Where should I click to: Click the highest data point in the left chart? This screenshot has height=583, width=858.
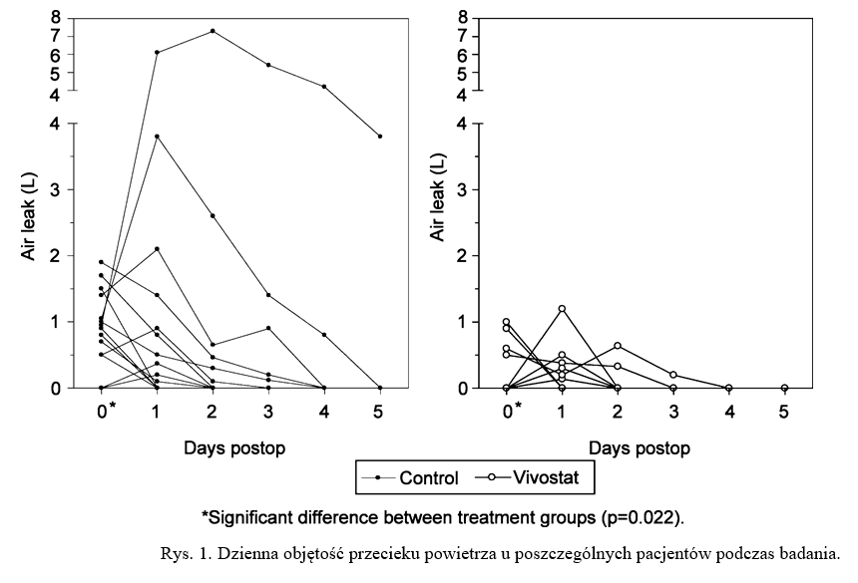coord(213,31)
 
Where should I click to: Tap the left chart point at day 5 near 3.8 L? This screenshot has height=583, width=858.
coord(380,136)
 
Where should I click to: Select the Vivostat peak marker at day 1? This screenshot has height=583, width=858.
coord(562,309)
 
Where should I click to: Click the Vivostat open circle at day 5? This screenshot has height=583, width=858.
coord(785,388)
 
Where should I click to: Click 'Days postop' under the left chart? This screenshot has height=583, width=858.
coord(234,447)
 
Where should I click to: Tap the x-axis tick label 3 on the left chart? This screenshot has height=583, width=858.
coord(268,412)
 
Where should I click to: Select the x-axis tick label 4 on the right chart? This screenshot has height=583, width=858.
coord(729,412)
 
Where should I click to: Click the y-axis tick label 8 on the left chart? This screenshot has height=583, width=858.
coord(56,17)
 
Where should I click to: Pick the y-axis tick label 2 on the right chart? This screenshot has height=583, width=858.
coord(462,255)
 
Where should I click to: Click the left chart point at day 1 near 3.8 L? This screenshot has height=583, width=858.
coord(157,136)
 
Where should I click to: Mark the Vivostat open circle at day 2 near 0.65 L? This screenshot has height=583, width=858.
coord(618,346)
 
